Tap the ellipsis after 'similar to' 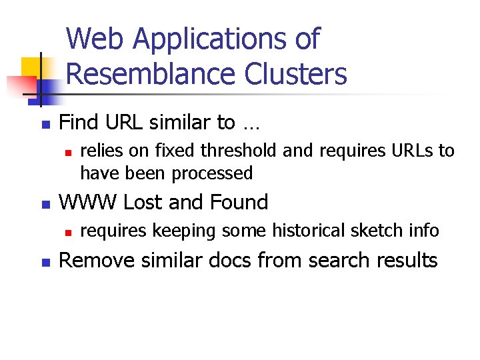coord(252,124)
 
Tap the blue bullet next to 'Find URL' coord(45,125)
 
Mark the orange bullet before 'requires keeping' coord(68,233)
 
